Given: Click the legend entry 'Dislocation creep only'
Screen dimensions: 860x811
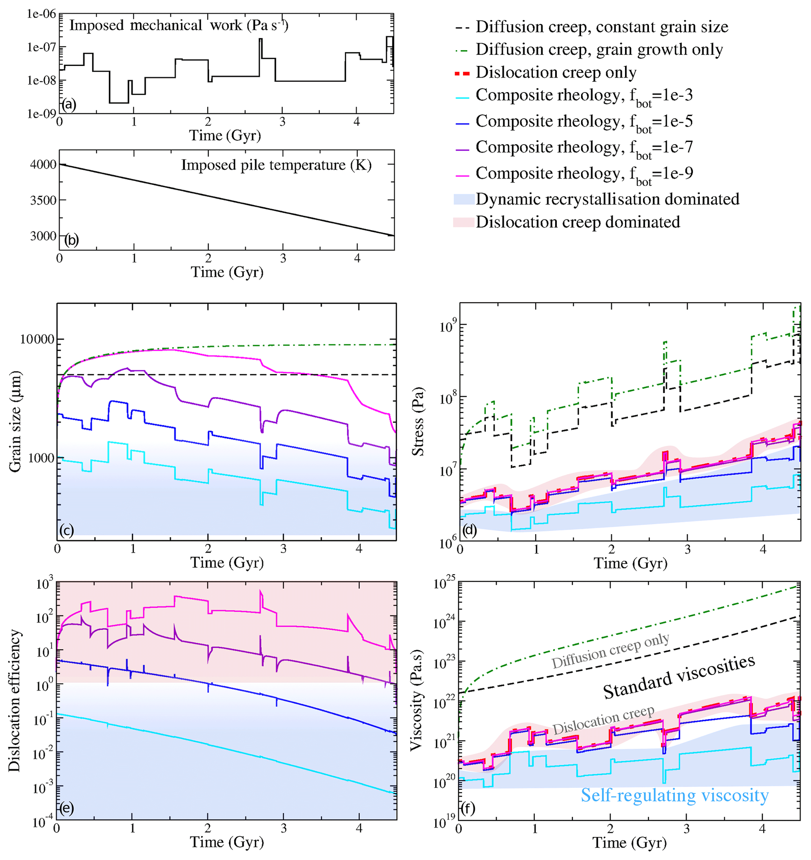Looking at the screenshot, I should click(556, 72).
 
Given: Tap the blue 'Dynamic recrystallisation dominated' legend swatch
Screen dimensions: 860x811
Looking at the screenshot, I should click(464, 199).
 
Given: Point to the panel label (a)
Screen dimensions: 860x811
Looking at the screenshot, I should click(69, 104).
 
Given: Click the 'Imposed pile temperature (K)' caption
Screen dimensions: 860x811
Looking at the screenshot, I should click(276, 165).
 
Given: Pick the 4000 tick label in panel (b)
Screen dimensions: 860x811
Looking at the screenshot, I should click(43, 164).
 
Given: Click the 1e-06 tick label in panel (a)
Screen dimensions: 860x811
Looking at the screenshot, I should click(42, 14).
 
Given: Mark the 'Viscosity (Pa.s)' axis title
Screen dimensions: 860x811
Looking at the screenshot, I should click(416, 701).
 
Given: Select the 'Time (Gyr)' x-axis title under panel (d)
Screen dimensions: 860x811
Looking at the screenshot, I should click(630, 563).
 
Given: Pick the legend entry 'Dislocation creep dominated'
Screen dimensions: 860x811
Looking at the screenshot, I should click(577, 222).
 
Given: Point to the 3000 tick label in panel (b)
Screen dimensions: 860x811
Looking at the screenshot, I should click(43, 236).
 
